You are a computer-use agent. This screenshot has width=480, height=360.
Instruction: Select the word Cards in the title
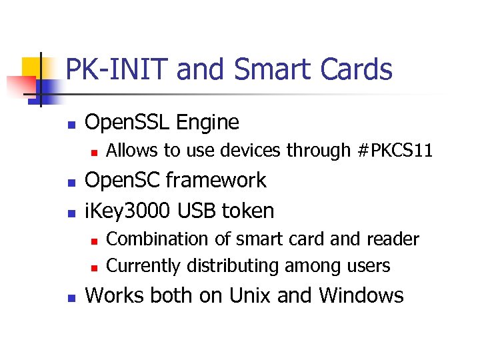[x=356, y=69]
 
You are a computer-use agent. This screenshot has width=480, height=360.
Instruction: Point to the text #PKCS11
[x=395, y=151]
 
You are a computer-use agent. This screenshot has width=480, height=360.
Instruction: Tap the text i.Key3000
[x=126, y=211]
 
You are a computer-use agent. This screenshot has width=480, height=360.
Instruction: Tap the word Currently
[x=144, y=266]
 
